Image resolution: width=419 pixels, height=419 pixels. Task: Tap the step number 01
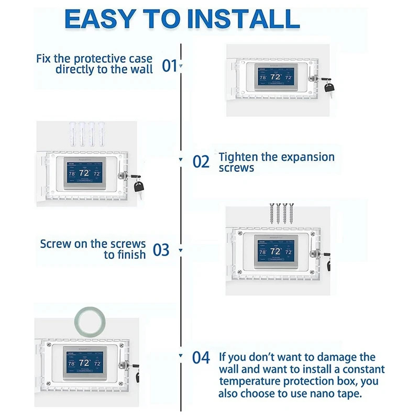[169, 66]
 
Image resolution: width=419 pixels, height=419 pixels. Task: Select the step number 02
[201, 162]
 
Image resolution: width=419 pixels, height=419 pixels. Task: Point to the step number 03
[161, 250]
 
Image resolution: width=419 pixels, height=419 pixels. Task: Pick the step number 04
[201, 358]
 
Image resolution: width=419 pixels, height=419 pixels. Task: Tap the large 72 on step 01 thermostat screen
[275, 77]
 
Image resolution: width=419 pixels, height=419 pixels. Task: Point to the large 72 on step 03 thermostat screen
[275, 251]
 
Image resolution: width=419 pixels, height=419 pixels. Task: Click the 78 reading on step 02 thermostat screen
[72, 173]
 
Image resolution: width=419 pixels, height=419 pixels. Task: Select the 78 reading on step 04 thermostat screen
[72, 363]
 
